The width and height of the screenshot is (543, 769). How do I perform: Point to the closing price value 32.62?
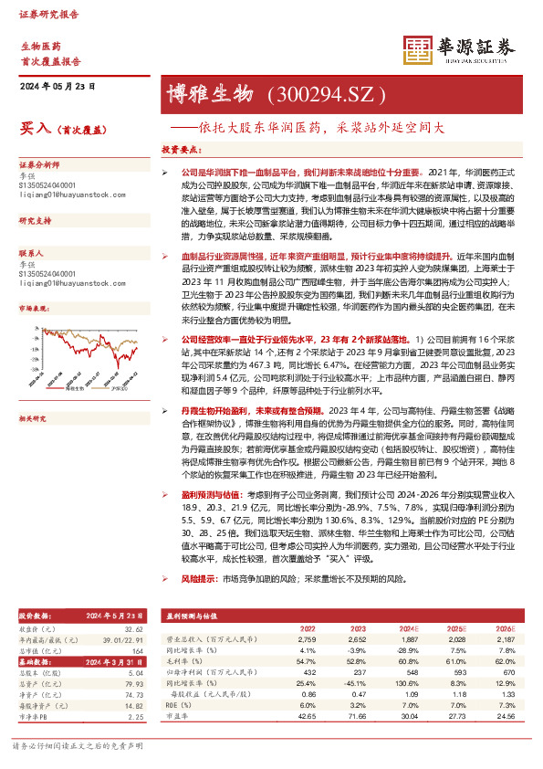tap(135, 629)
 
